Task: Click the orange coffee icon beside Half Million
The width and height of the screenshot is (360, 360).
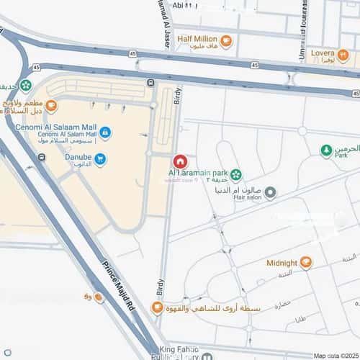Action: [x=225, y=40]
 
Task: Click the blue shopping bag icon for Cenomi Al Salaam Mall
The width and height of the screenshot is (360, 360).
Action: [x=105, y=132]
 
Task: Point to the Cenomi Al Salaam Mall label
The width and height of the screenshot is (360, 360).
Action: [x=55, y=127]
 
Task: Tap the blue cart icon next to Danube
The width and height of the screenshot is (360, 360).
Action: [x=100, y=159]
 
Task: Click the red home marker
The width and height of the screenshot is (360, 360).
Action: [x=181, y=160]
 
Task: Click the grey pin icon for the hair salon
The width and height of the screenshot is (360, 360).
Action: [x=271, y=192]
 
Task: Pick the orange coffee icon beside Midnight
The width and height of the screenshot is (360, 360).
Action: [x=307, y=262]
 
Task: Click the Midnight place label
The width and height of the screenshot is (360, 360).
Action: [x=282, y=263]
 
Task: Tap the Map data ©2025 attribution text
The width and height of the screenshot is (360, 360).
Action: [x=335, y=355]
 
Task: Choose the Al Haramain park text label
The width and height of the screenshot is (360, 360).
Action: [x=198, y=174]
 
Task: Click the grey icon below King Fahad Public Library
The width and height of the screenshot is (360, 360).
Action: [x=207, y=357]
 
